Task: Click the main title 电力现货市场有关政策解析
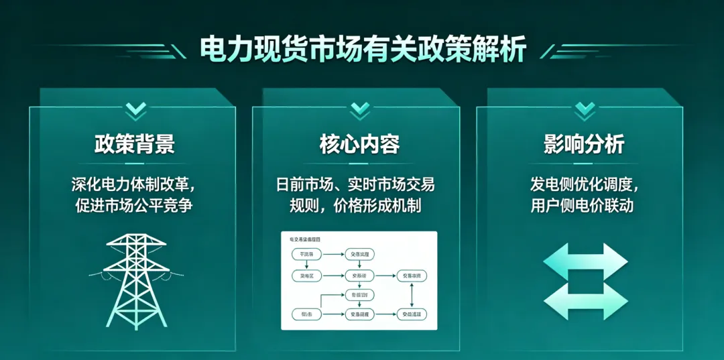[363, 49]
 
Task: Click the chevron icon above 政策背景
[135, 108]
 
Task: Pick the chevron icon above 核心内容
[360, 108]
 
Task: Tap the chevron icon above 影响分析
[585, 108]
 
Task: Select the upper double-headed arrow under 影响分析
[585, 261]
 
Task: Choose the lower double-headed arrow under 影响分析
[585, 301]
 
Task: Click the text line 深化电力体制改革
[135, 184]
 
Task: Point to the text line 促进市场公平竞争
[135, 205]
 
